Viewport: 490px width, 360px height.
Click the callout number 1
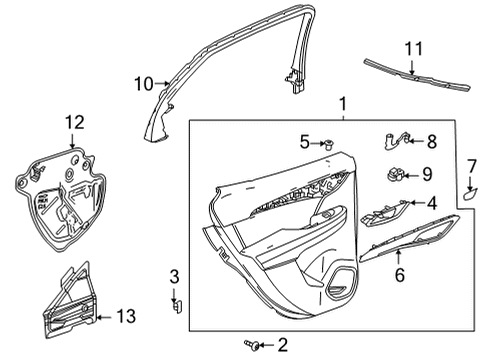click(x=343, y=103)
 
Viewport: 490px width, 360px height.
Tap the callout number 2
click(x=283, y=345)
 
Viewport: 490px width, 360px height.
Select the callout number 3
click(x=173, y=276)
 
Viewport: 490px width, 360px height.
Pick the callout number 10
click(x=143, y=84)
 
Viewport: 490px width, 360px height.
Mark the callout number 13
click(x=123, y=316)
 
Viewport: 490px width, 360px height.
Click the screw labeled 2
click(x=259, y=345)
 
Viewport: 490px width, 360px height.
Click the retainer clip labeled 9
click(x=394, y=175)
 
